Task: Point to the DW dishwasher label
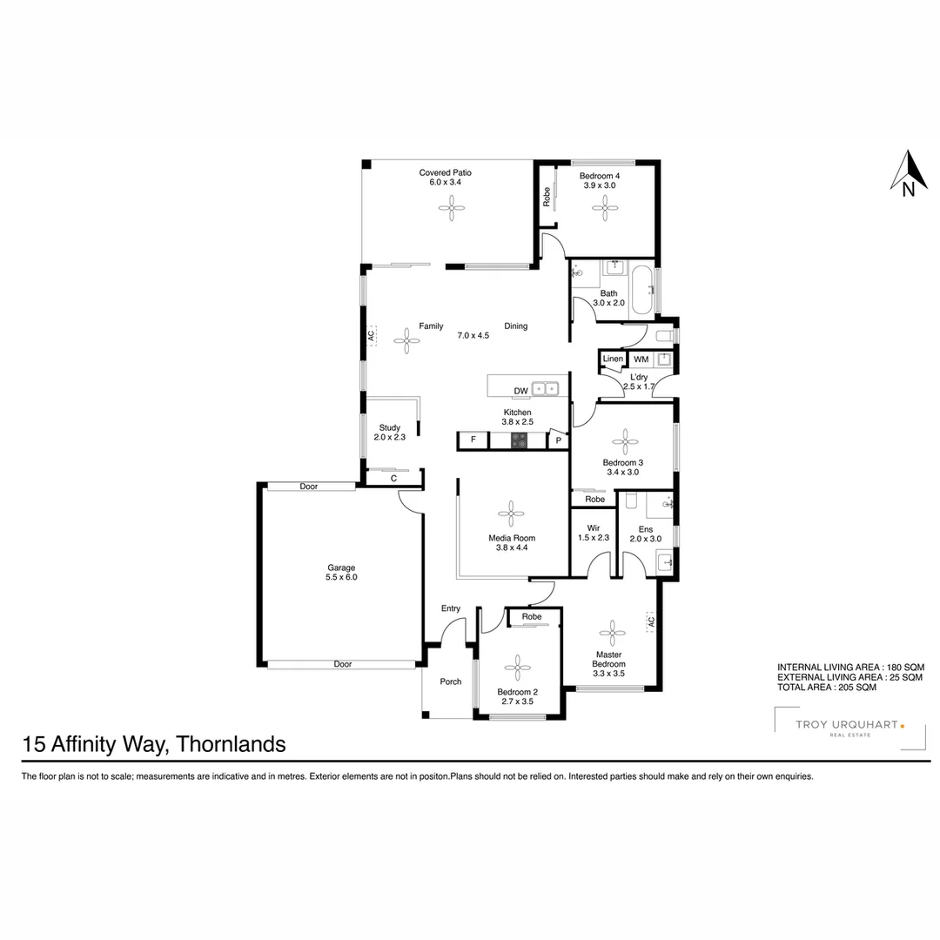pyautogui.click(x=520, y=391)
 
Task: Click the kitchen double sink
pyautogui.click(x=546, y=389)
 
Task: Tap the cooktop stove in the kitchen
pyautogui.click(x=520, y=440)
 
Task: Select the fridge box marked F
pyautogui.click(x=473, y=440)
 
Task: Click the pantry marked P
pyautogui.click(x=559, y=441)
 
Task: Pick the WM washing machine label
pyautogui.click(x=641, y=359)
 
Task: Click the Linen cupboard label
pyautogui.click(x=613, y=359)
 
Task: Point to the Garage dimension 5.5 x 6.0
pyautogui.click(x=341, y=577)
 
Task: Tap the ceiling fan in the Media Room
pyautogui.click(x=512, y=513)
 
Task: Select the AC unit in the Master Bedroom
pyautogui.click(x=650, y=621)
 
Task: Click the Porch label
pyautogui.click(x=450, y=681)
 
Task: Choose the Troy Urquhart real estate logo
pyautogui.click(x=839, y=728)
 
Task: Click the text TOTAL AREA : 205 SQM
pyautogui.click(x=826, y=687)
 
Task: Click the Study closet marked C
pyautogui.click(x=393, y=478)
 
